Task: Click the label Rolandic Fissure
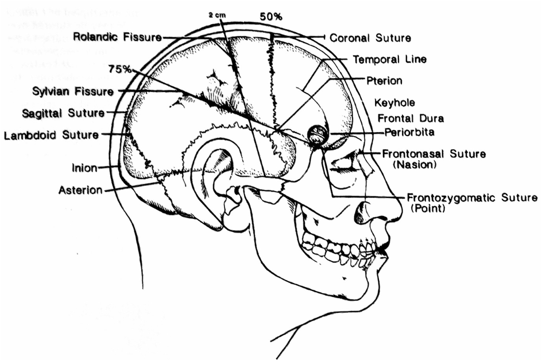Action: (x=117, y=37)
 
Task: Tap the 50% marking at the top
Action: (x=271, y=17)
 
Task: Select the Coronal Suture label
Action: (x=370, y=38)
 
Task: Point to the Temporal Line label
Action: (x=389, y=59)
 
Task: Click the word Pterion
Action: (x=384, y=80)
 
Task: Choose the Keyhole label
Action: (x=394, y=103)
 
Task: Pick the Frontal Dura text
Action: (x=411, y=118)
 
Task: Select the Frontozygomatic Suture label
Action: (x=472, y=198)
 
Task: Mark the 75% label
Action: (x=119, y=69)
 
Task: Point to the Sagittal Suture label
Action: (x=63, y=113)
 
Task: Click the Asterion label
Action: (x=80, y=189)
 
